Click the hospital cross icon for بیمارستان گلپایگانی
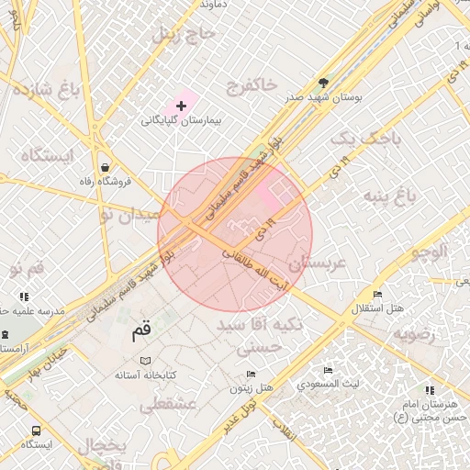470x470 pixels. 181,106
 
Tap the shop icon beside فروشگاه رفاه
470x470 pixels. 107,167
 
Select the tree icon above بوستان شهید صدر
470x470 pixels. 322,82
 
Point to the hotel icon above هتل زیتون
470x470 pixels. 252,375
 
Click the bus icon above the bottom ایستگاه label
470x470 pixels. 36,430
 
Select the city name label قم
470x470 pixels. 140,333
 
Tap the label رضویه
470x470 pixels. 420,333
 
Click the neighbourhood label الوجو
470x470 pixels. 428,252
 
